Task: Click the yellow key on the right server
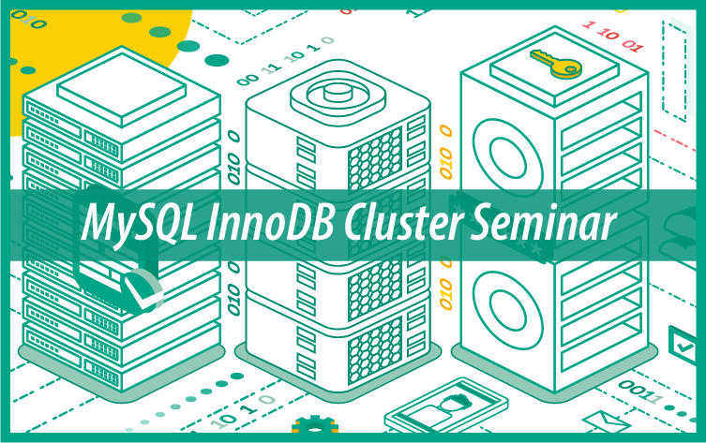pos(556,63)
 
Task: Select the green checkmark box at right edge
pos(683,345)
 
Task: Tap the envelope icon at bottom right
pos(606,421)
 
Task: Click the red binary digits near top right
pos(612,35)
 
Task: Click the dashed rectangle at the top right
pos(674,67)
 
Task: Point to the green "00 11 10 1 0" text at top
pos(286,61)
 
